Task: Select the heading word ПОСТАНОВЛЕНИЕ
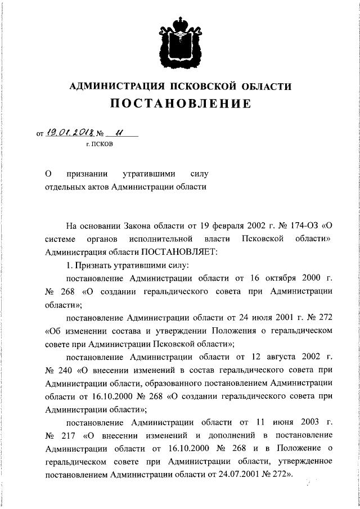tap(180, 105)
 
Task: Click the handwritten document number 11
tap(119, 133)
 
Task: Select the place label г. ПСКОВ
tap(99, 145)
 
